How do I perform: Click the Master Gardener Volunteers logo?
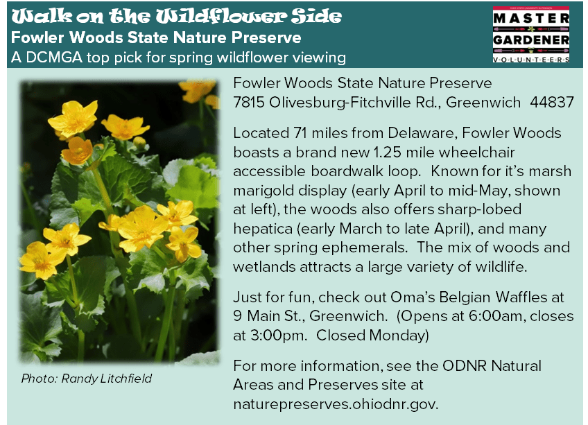point(531,35)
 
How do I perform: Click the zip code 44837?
point(552,102)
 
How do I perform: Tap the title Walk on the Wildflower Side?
point(177,16)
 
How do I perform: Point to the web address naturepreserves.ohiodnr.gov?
point(336,404)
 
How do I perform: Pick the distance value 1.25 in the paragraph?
point(388,152)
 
